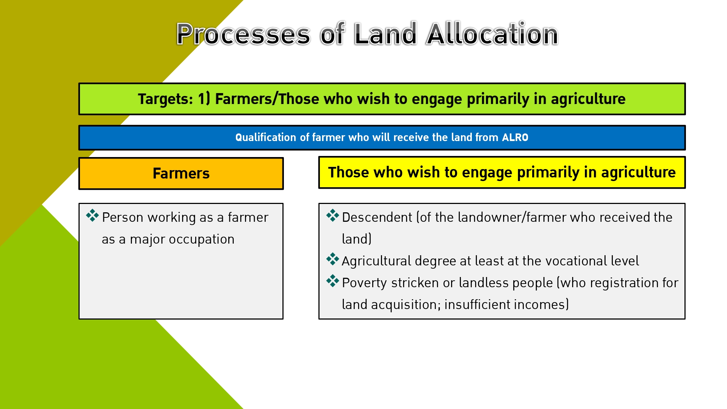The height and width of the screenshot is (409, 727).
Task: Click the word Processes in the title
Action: (243, 34)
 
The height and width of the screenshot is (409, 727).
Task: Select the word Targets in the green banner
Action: (165, 99)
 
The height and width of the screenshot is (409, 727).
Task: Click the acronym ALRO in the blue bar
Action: (515, 137)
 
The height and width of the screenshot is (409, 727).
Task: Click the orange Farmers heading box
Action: (181, 173)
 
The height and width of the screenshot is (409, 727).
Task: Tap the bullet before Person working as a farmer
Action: (92, 216)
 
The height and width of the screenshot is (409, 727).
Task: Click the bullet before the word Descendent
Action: (333, 216)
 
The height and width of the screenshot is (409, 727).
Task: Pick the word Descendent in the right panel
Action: (377, 217)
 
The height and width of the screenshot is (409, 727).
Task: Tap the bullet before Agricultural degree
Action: (333, 259)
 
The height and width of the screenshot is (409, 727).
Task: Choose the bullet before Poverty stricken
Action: (333, 281)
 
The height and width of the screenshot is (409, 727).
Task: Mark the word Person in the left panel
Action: (123, 217)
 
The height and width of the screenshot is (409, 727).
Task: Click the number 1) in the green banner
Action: (204, 99)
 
